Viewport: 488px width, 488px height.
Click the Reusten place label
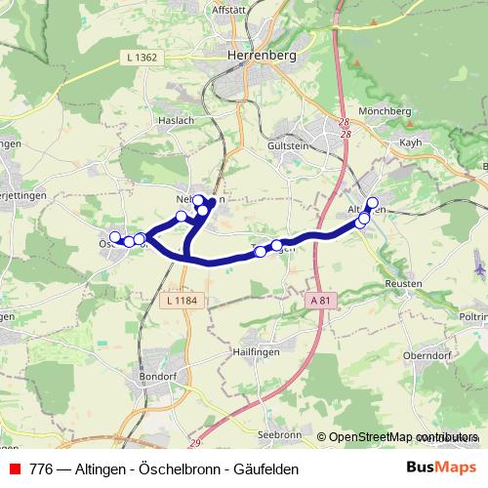point(403,282)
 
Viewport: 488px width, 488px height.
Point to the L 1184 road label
point(183,300)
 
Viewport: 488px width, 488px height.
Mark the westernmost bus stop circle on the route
point(115,237)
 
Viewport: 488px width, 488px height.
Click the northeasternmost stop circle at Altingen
point(372,202)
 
